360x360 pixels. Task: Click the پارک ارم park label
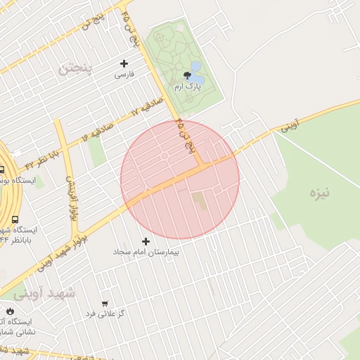coord(188,86)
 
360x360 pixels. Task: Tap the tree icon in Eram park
coord(187,75)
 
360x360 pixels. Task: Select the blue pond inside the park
coord(195,68)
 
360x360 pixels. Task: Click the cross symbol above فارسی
coord(124,63)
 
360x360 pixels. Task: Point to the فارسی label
coord(124,74)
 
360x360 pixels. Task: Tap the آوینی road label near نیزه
coord(290,126)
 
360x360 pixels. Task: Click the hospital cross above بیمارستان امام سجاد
coord(146,241)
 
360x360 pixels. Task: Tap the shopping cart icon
coord(105,303)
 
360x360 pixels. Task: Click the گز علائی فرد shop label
coord(105,313)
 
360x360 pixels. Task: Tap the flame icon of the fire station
coord(10,311)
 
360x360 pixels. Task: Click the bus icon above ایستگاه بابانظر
coord(15,219)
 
